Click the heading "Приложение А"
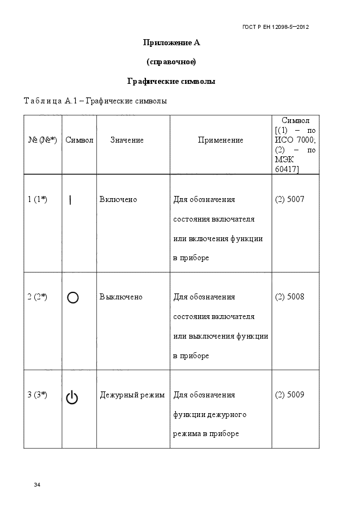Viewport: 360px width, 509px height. point(171,42)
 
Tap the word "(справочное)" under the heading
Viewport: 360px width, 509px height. point(171,62)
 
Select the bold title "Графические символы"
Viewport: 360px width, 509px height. point(171,81)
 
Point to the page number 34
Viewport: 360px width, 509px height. point(37,485)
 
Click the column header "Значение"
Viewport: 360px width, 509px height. point(127,140)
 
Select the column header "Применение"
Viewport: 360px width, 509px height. point(221,140)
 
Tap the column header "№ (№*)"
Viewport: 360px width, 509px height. point(42,140)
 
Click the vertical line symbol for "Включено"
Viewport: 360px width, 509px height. point(71,200)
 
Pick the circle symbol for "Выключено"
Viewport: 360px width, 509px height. point(72,297)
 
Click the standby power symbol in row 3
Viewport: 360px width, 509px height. point(72,398)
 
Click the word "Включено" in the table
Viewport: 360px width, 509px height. point(118,199)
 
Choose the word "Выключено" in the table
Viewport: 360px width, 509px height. point(121,297)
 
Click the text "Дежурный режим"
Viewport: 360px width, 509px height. point(132,395)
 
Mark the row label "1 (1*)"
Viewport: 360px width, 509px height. point(37,199)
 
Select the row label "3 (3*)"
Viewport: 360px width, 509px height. point(37,395)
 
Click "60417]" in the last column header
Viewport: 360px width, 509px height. point(287,169)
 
